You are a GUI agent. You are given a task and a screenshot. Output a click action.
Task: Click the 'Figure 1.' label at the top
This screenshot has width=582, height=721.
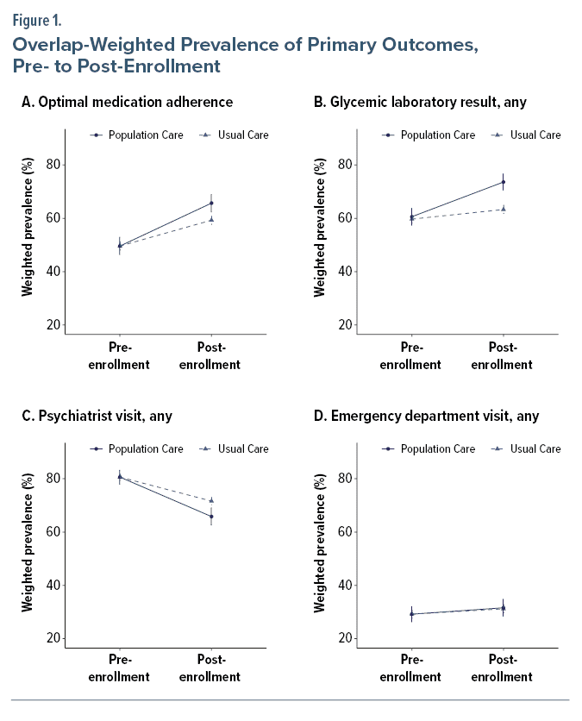pos(37,19)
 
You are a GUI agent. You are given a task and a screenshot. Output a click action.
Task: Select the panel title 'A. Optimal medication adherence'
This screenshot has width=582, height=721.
pos(128,102)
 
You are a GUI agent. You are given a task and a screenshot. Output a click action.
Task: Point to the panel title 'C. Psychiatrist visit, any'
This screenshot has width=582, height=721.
pos(97,416)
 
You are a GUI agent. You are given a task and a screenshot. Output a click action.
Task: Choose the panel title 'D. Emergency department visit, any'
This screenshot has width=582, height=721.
pos(426,416)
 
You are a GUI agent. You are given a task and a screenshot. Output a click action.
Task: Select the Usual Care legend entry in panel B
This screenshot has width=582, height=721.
pos(526,135)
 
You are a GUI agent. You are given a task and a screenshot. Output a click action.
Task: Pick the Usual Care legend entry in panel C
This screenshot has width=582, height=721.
pos(234,448)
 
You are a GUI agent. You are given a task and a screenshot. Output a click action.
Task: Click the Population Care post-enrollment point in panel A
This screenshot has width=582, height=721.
pos(211,204)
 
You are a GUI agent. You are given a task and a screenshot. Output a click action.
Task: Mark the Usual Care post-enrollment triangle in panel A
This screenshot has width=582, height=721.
pos(211,219)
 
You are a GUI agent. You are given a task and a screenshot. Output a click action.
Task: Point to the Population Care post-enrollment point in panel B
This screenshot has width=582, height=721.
pos(504,182)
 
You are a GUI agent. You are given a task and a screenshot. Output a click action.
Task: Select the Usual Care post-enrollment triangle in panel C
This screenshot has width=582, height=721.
pos(211,500)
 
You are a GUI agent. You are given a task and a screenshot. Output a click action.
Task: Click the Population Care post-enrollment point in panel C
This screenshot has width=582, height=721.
pos(211,517)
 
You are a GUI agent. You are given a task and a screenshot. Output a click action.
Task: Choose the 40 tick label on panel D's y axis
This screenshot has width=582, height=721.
pos(344,586)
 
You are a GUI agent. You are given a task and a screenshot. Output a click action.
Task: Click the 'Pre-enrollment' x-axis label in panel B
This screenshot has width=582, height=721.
pos(411,356)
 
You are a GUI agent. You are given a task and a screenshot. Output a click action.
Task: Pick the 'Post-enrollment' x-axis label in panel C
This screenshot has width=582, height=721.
pos(210,669)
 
